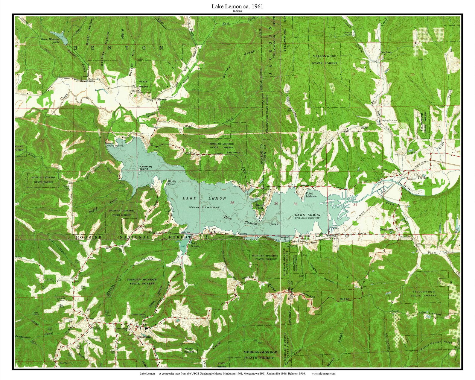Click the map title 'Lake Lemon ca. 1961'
coord(237,6)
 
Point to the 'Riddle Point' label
coord(172,183)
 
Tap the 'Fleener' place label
coord(162,99)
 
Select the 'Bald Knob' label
coord(233,153)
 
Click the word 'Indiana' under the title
coord(237,11)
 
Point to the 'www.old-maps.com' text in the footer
coord(323,373)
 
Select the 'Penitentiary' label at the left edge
coord(23,337)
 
